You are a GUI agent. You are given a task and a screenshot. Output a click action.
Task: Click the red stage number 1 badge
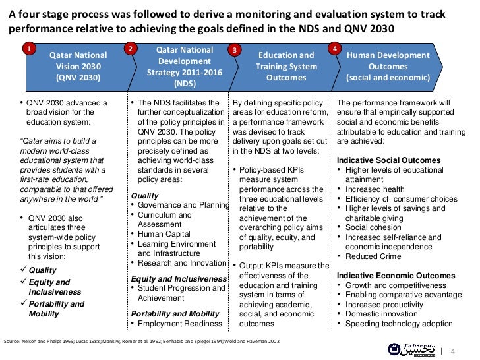(x=28, y=49)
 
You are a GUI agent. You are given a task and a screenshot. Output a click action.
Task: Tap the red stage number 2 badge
(x=131, y=49)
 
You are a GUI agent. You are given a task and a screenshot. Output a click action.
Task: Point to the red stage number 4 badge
(x=336, y=49)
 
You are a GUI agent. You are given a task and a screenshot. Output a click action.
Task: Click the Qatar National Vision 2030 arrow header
(x=75, y=67)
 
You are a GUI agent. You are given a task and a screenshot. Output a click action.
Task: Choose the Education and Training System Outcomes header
(x=285, y=67)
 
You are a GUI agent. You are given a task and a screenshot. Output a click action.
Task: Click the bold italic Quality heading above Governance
(x=145, y=196)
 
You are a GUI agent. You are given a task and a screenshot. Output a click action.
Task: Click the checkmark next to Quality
(x=24, y=270)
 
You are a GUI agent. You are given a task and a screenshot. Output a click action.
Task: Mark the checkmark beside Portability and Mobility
(x=24, y=304)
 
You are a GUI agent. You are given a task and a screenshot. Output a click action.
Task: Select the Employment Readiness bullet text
(x=179, y=323)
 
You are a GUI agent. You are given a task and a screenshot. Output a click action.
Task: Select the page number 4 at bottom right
(x=453, y=350)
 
